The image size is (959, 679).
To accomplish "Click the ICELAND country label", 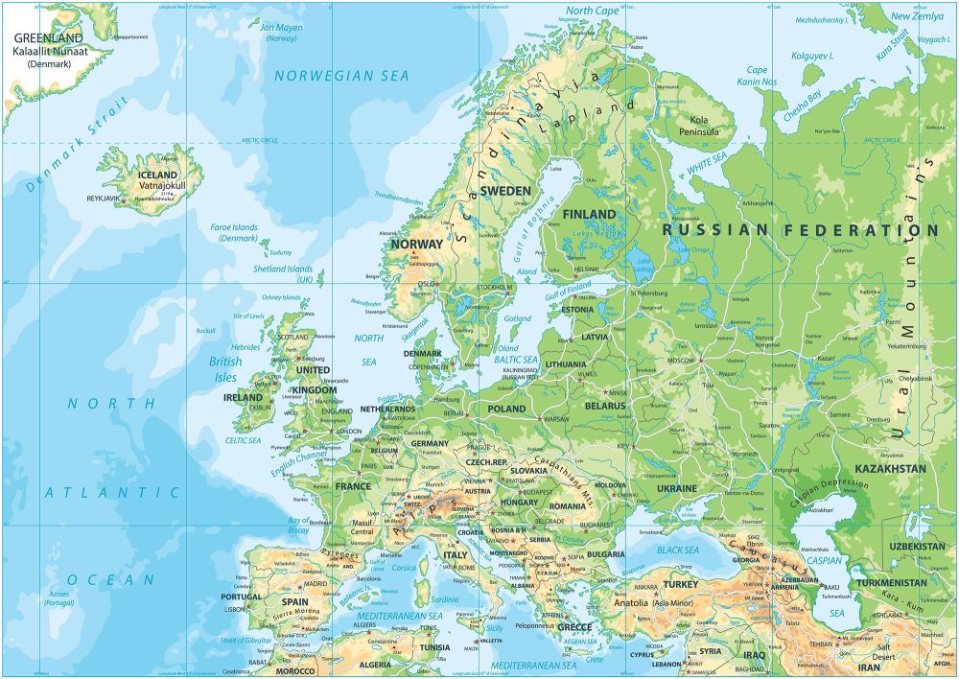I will (158, 176).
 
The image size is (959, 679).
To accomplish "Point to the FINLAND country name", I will (590, 214).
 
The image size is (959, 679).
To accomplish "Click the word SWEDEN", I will (504, 191).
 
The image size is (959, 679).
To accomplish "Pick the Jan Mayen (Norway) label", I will (282, 33).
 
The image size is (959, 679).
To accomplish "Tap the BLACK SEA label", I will (678, 550).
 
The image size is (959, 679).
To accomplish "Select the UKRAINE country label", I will (676, 488).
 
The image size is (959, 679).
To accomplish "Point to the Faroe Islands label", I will (234, 232).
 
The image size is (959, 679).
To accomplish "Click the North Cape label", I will (594, 11).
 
